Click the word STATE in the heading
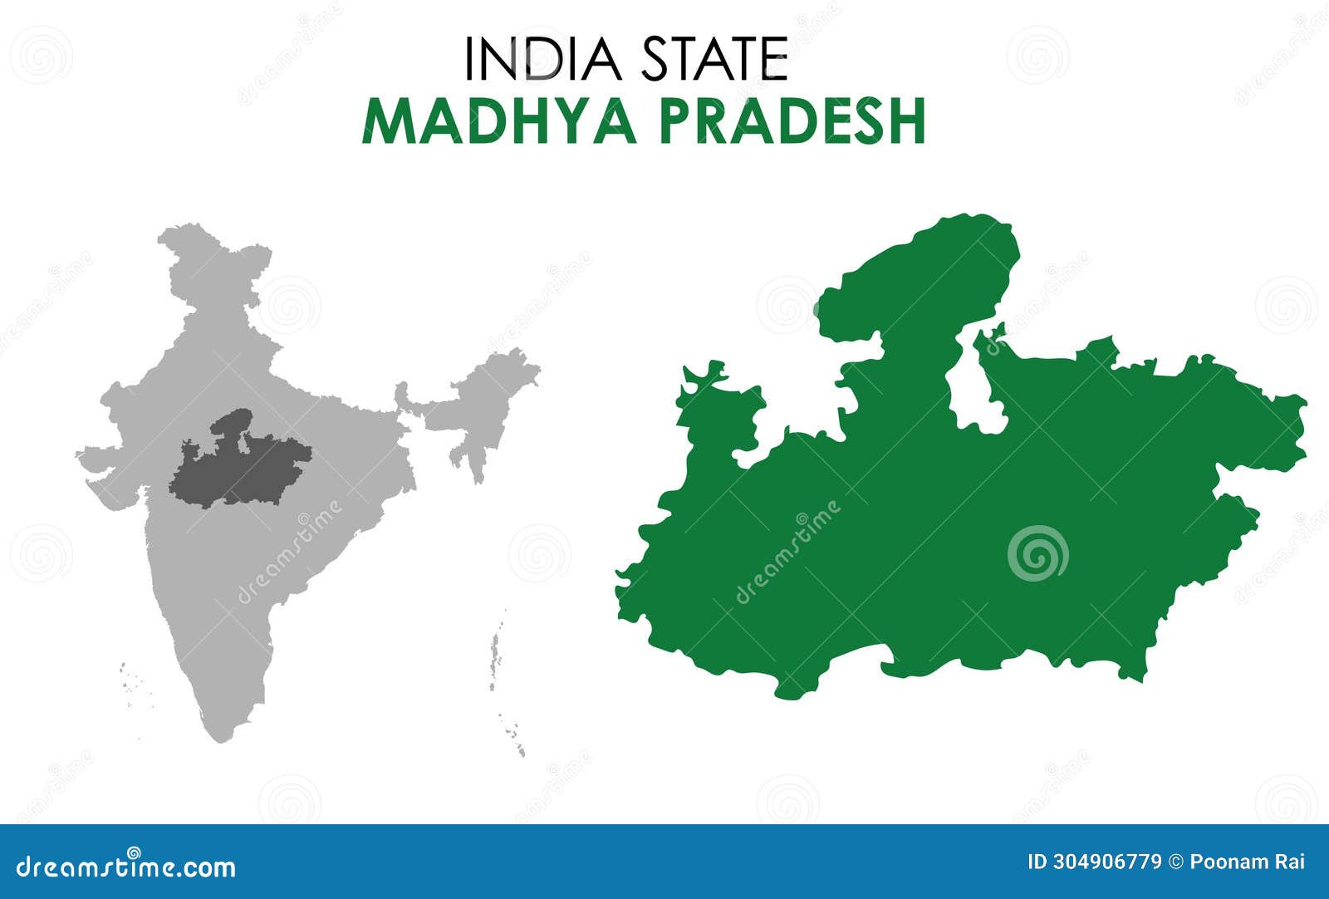point(714,59)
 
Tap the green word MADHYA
point(499,122)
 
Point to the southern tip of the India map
point(218,735)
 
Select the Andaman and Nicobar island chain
point(502,681)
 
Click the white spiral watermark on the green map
point(1037,553)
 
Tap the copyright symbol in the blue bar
point(1175,862)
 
